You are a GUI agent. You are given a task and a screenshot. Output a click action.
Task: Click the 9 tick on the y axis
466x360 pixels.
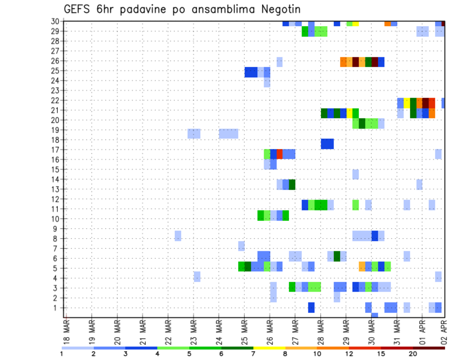(x=57, y=229)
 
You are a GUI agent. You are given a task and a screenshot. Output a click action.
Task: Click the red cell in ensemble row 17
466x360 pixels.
(x=280, y=154)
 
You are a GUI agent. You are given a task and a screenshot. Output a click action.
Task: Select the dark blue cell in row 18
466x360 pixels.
(x=327, y=144)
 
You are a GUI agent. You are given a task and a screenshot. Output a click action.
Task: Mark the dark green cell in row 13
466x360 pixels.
(x=292, y=184)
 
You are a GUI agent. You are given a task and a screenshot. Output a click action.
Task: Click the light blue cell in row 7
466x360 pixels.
(x=241, y=246)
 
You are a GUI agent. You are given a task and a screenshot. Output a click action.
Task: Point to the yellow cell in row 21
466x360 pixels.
(x=349, y=113)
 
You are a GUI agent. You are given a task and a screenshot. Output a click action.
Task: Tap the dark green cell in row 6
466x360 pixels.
(x=337, y=256)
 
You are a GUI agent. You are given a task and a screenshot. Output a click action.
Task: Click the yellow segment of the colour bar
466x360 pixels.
(x=269, y=348)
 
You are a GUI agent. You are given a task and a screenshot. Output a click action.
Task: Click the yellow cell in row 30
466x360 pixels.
(x=356, y=23)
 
